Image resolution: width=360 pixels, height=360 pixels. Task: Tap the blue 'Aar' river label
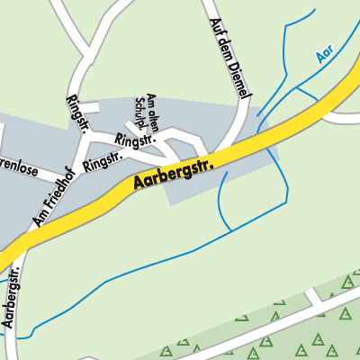325,57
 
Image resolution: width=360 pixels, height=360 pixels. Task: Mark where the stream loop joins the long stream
230,229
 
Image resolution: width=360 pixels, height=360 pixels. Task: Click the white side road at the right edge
342,118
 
